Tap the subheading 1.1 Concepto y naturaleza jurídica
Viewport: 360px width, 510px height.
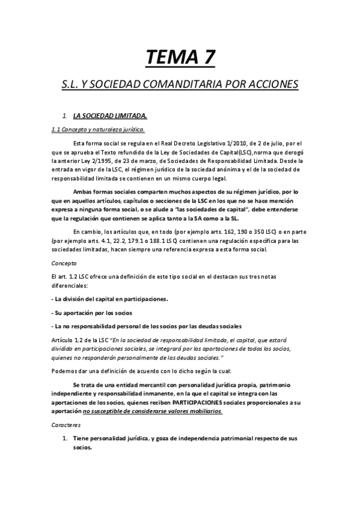97,129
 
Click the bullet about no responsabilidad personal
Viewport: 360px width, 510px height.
147,327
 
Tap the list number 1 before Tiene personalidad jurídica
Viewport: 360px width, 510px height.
65,438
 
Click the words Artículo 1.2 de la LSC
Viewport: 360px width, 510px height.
82,340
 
